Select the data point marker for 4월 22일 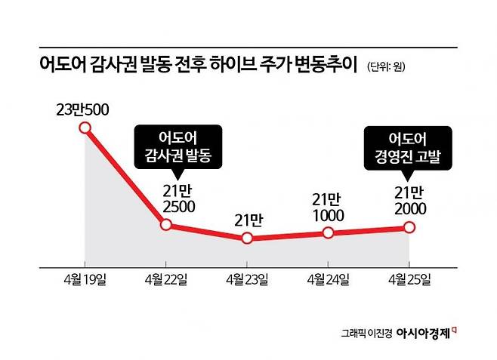pos(166,225)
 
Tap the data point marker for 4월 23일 pos(246,238)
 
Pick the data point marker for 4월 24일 pos(328,232)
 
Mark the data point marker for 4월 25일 pos(409,226)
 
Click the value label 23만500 pos(82,109)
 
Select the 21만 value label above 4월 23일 pos(247,220)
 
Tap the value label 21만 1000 pos(328,207)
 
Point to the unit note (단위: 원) pos(391,66)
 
